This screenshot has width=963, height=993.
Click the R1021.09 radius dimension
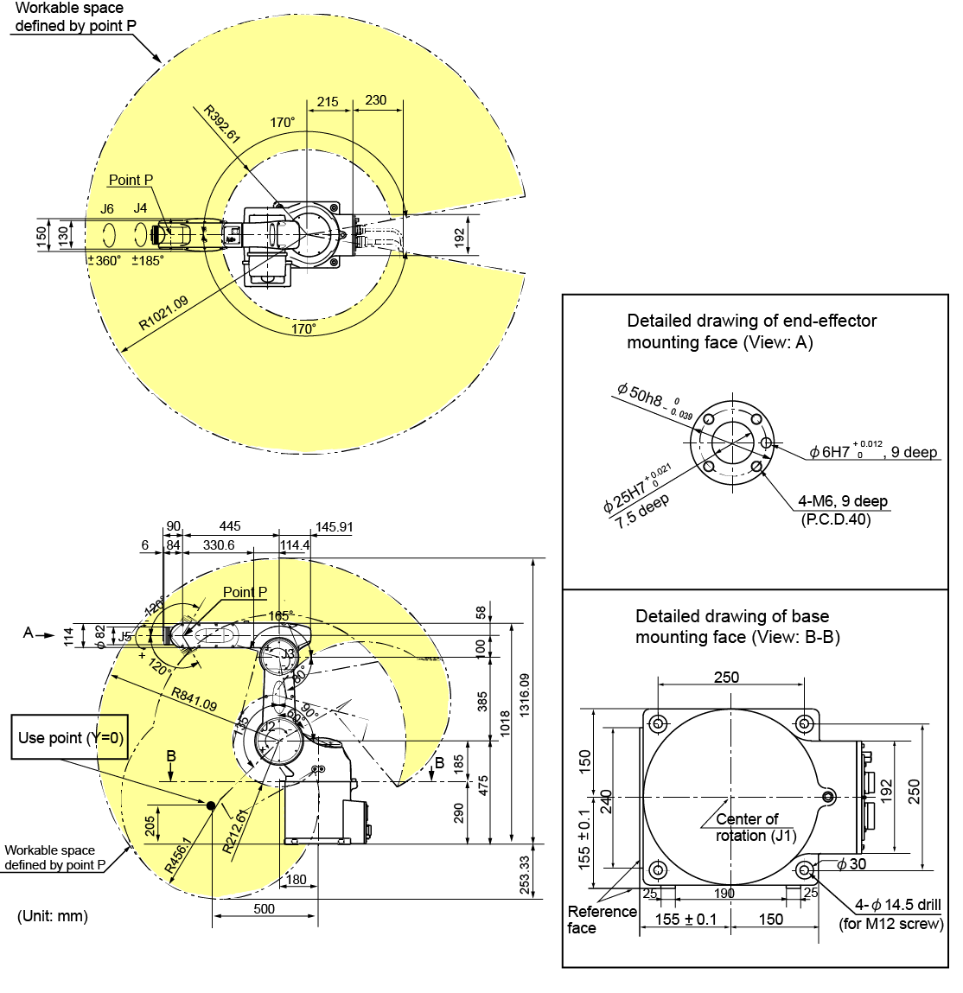163,314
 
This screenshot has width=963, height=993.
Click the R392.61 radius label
221,124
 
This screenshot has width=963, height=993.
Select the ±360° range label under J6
105,260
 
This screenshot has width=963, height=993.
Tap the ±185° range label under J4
147,260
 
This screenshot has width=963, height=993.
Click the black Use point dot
210,805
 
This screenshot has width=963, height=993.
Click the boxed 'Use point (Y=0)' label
71,737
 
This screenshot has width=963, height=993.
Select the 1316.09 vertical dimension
525,700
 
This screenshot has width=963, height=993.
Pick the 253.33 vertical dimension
525,875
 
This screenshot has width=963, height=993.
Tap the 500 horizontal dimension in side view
265,908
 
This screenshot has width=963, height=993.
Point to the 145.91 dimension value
335,526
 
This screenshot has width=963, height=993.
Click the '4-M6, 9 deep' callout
842,501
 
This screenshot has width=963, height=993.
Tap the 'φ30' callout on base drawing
851,863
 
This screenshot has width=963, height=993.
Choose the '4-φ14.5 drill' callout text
897,905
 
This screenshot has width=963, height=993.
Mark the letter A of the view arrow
28,633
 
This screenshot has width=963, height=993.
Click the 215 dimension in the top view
328,101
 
